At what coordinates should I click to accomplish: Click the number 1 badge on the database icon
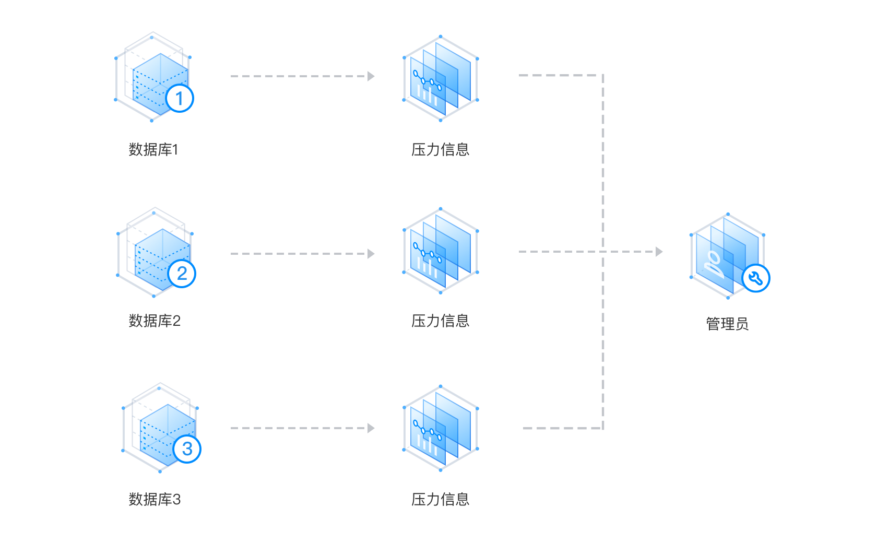tap(180, 98)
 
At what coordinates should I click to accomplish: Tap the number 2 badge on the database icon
tap(182, 273)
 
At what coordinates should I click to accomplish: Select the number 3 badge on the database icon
tap(187, 448)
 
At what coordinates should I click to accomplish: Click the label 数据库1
tap(153, 150)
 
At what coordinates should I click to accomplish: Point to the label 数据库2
tap(155, 321)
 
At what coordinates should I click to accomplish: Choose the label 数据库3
tap(155, 500)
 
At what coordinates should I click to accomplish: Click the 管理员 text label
tap(727, 324)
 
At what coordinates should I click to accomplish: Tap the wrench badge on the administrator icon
tap(756, 278)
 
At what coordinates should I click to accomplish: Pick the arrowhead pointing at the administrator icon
tap(659, 252)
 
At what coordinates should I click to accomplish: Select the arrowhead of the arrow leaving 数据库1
tap(371, 76)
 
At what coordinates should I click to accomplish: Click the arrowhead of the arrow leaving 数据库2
tap(371, 254)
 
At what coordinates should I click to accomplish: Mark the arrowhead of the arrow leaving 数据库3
tap(371, 428)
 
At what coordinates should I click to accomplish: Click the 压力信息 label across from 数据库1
tap(440, 150)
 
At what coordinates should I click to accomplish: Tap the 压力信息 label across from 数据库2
tap(440, 321)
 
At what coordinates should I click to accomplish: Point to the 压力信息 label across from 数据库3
tap(440, 500)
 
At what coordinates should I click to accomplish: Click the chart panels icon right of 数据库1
tap(441, 78)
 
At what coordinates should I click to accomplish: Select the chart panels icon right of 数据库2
tap(441, 251)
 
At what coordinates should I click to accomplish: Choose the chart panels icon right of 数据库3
tap(441, 428)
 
